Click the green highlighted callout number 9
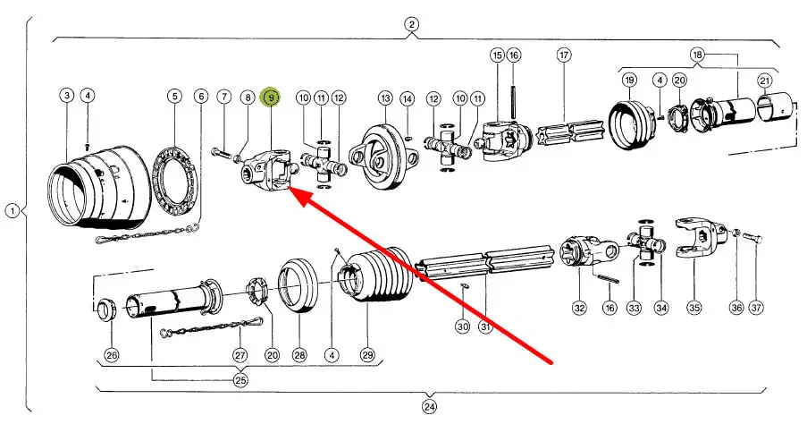(x=270, y=98)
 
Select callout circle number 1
(x=12, y=211)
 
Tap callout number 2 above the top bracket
(x=411, y=24)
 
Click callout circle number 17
(x=564, y=55)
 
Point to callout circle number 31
(x=485, y=326)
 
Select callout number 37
(x=757, y=308)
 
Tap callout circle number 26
(x=112, y=355)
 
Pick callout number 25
(x=240, y=380)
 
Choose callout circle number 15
(x=498, y=55)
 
